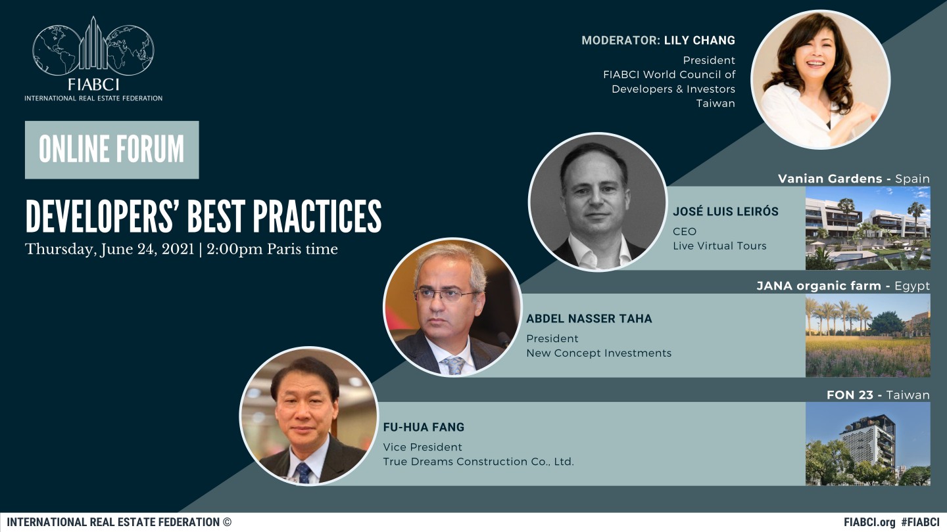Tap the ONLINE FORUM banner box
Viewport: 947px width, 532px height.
point(112,150)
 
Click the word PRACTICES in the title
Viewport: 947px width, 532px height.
point(317,217)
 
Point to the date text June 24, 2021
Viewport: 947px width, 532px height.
point(147,249)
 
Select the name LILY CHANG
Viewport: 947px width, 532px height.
point(700,41)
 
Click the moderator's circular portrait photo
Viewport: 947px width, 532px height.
point(821,80)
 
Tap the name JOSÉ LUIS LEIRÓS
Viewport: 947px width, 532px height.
point(725,211)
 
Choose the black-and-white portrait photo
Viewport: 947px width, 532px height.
point(598,202)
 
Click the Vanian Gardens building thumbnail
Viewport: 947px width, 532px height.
point(868,228)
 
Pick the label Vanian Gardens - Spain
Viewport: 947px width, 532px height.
point(854,179)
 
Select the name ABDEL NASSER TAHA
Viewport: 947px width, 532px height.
point(589,319)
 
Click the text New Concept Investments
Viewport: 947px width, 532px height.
point(598,353)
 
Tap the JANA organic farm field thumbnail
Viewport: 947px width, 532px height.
point(868,335)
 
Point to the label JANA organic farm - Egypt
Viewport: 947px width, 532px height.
point(843,286)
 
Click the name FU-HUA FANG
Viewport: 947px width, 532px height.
point(424,428)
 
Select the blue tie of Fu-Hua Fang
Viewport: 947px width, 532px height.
point(304,472)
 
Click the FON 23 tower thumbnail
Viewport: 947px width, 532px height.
point(868,444)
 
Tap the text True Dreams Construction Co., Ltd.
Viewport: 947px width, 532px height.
point(478,462)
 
